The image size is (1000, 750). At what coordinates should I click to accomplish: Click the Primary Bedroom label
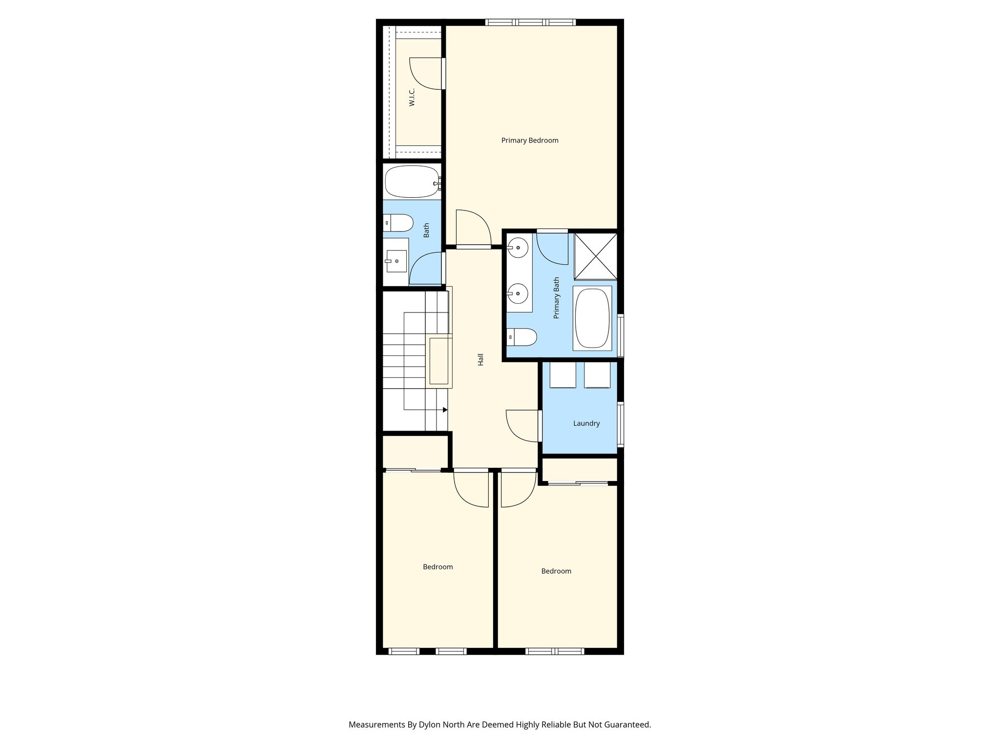[x=530, y=141]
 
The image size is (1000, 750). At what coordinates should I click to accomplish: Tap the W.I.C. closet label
[x=412, y=97]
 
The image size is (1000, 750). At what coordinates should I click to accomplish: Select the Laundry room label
[x=586, y=423]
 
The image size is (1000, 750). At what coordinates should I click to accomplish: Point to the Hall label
[x=480, y=359]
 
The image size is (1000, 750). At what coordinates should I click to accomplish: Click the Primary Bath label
[x=556, y=298]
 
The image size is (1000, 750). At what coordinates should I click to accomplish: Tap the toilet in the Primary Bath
[x=522, y=337]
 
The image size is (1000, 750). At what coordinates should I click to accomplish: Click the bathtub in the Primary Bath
[x=592, y=318]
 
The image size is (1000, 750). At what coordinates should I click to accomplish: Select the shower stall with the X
[x=595, y=256]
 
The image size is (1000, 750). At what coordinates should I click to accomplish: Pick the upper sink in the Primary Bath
[x=518, y=248]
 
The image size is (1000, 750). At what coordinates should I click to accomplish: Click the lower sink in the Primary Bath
[x=518, y=294]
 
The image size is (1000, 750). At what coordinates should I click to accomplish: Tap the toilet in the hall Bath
[x=398, y=223]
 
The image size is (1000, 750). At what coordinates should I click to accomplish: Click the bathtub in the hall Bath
[x=413, y=182]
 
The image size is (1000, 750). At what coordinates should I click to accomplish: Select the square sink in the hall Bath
[x=396, y=261]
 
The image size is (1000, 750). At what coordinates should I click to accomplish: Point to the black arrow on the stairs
[x=445, y=410]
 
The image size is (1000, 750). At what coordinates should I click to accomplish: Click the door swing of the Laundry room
[x=522, y=426]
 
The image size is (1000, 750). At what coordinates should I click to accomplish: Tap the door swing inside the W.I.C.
[x=425, y=74]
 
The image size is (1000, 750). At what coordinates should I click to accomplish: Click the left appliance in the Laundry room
[x=563, y=375]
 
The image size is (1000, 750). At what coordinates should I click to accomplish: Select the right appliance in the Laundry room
[x=597, y=375]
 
